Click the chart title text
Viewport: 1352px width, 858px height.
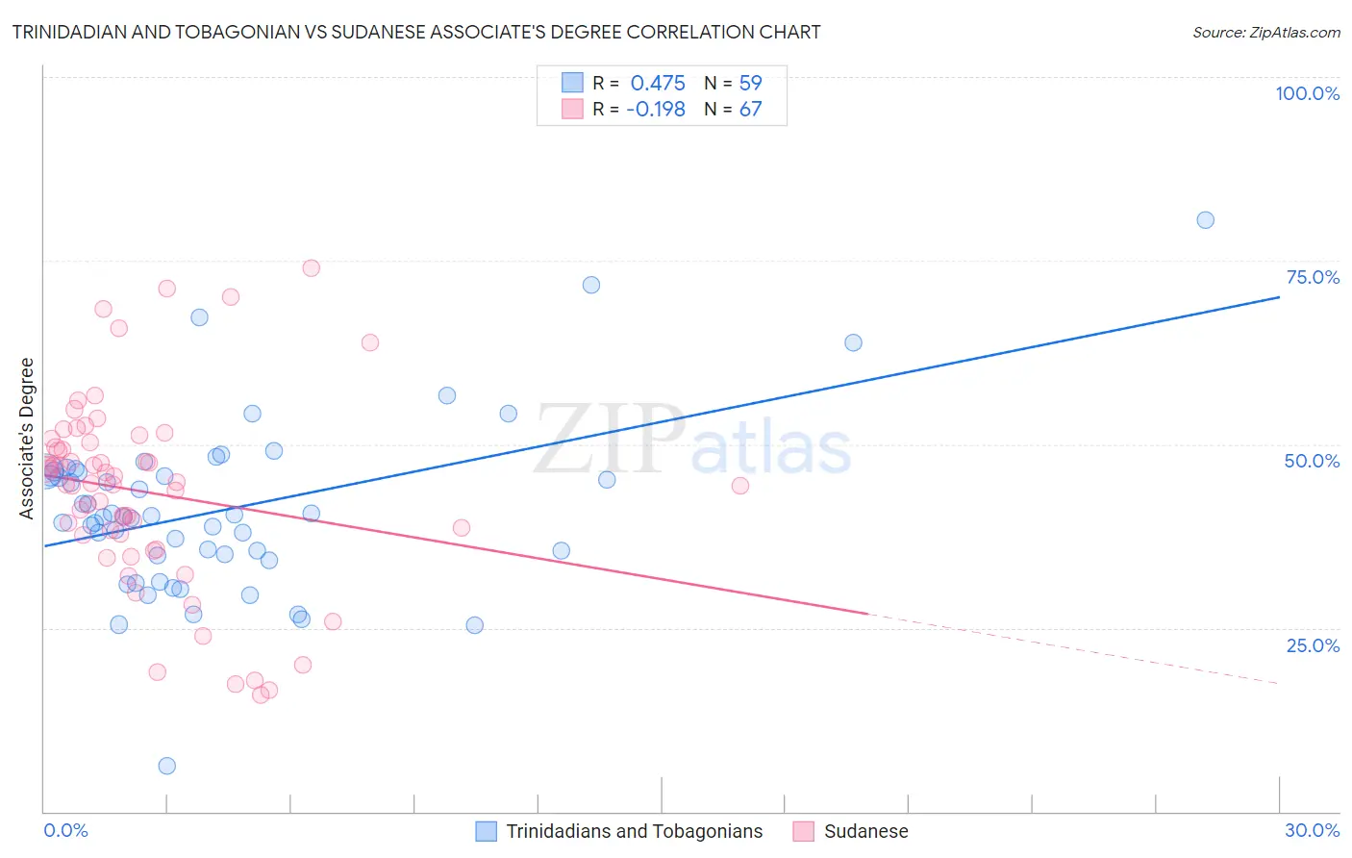[x=416, y=32]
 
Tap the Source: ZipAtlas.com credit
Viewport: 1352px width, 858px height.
[x=1265, y=33]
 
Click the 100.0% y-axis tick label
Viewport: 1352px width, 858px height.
[x=1307, y=93]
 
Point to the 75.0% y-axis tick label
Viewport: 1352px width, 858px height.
[x=1313, y=277]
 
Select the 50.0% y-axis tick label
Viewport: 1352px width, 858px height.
[x=1312, y=461]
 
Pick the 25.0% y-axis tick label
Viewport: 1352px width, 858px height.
[x=1313, y=645]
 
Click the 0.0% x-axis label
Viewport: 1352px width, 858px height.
[x=65, y=830]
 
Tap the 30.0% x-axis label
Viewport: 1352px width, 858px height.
[x=1312, y=830]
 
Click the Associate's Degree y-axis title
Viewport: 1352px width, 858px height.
[x=27, y=439]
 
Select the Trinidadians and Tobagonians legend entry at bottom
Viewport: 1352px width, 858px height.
[x=634, y=831]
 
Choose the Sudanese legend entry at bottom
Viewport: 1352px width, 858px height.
[x=865, y=831]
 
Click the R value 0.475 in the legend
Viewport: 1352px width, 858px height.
[x=658, y=83]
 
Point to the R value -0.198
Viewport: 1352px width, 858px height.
[x=656, y=110]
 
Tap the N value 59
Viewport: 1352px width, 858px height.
[x=750, y=83]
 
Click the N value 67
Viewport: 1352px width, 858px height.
[x=750, y=110]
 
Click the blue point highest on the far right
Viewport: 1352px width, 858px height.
[x=1205, y=220]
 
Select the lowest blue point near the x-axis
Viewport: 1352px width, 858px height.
[x=166, y=766]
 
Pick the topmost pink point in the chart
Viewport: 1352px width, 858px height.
[x=311, y=268]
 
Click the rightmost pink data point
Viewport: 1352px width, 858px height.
[x=739, y=486]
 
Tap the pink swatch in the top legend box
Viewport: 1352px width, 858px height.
[x=572, y=109]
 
